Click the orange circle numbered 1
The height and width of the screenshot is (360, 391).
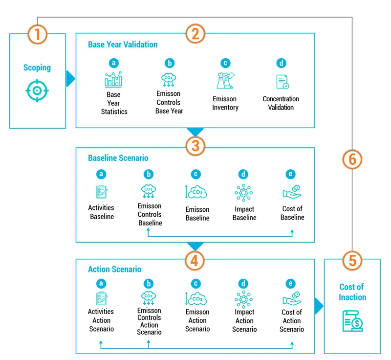[x=38, y=34]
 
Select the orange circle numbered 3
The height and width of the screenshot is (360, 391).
[x=195, y=145]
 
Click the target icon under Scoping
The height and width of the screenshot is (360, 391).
[x=37, y=91]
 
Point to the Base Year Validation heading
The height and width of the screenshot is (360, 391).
[x=123, y=45]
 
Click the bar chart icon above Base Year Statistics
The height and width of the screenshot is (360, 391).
[x=113, y=79]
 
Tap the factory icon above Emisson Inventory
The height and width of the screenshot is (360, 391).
[x=225, y=80]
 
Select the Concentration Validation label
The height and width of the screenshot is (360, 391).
[x=281, y=103]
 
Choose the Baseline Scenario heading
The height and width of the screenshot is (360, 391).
[x=118, y=158]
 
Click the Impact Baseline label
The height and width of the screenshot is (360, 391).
[x=244, y=213]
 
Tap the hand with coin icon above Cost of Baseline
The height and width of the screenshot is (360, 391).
[x=292, y=192]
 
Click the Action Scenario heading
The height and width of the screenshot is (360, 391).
[x=114, y=269]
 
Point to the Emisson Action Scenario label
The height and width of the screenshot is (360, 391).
[x=197, y=320]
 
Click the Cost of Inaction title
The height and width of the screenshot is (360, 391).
[x=352, y=292]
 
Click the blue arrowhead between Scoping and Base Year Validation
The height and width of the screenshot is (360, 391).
[x=71, y=78]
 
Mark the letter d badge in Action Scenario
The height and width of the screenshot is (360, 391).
[x=243, y=283]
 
